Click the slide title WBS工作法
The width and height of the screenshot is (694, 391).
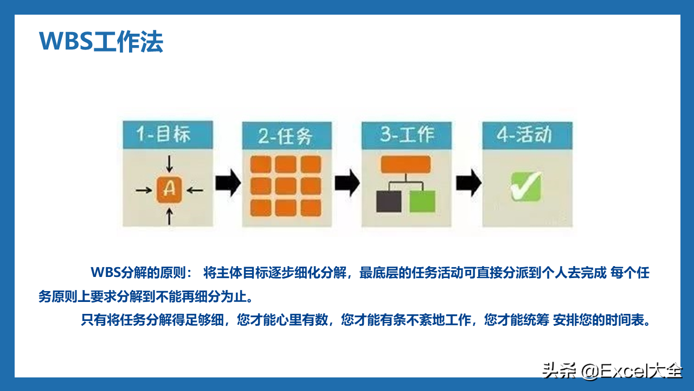tap(101, 41)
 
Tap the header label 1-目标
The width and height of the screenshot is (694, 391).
tap(163, 134)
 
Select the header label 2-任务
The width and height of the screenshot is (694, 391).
tap(285, 136)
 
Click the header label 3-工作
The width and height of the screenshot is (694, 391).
tap(407, 135)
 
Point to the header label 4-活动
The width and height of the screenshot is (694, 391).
tap(524, 135)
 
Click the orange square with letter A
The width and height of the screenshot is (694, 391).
tap(169, 190)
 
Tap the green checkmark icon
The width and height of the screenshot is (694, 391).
tap(526, 186)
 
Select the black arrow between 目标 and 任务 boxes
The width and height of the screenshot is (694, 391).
tap(228, 183)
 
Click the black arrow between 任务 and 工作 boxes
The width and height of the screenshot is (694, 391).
tap(348, 183)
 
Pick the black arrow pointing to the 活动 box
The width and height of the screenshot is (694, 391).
tap(469, 183)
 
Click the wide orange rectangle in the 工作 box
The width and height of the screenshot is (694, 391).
tap(406, 164)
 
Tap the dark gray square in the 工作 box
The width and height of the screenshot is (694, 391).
tap(389, 201)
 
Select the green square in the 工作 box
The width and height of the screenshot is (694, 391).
tap(422, 201)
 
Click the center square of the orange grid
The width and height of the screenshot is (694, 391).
tap(286, 186)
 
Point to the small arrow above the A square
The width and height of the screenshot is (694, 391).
tap(169, 164)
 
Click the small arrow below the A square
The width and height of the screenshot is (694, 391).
tap(169, 216)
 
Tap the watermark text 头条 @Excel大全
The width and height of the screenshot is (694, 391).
tap(612, 370)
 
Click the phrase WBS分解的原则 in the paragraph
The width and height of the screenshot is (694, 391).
tap(138, 273)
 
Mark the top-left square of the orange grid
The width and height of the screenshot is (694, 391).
tap(261, 164)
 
